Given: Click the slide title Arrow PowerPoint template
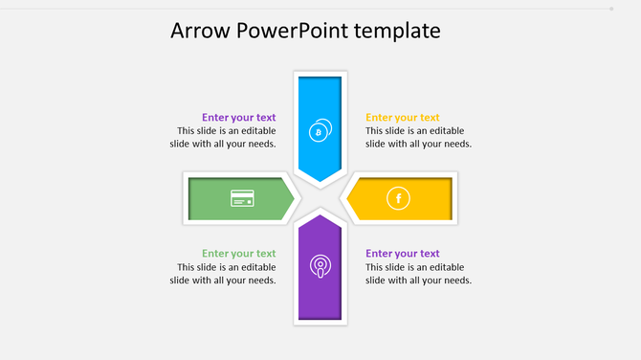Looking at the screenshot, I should coord(305,31).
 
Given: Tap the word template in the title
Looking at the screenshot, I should coord(397,31).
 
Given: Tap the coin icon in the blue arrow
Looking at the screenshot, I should coord(320,130).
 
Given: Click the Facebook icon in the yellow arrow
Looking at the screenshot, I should coord(397,198).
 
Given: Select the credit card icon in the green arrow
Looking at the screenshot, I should coord(242,198).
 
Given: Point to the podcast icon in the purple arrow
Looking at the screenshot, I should coord(320,266).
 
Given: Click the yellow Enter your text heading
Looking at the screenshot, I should coord(403,118).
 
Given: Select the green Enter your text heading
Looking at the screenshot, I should coord(238,254).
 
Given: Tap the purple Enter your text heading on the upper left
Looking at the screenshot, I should coord(238,118).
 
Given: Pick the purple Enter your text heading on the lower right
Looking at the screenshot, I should coord(403,254).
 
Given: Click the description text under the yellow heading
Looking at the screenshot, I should coord(418,138).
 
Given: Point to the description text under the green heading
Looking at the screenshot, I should coord(223,274).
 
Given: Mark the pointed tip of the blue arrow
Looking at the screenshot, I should coord(320,181).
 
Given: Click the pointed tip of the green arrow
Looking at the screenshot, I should coord(294,198).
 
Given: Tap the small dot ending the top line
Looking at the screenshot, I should coord(611,9).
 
